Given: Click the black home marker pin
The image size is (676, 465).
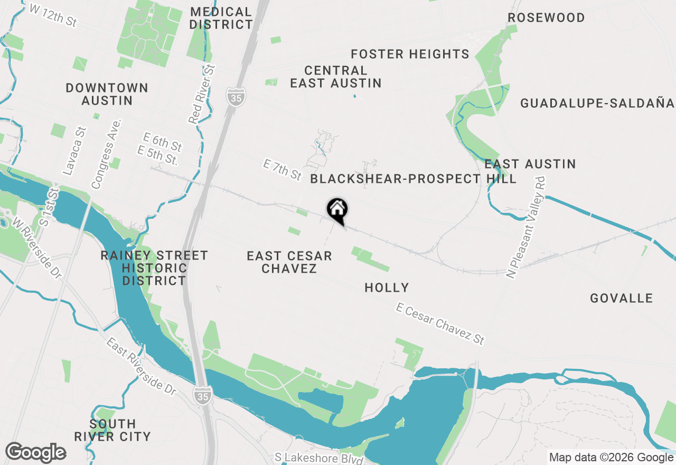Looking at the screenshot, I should tap(337, 210).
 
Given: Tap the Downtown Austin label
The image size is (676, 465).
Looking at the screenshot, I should tap(107, 94).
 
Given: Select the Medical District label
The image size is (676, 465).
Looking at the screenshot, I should tap(221, 18).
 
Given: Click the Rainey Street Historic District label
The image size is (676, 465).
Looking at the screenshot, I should tap(154, 268).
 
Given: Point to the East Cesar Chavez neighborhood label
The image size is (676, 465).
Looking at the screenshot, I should tap(289, 262).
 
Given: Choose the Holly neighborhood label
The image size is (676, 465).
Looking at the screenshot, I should tap(387, 287).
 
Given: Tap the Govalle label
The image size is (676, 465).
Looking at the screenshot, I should tap(622, 298).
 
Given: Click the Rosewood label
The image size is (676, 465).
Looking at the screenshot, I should tap(546, 17).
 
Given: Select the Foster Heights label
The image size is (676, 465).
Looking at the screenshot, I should tap(410, 54).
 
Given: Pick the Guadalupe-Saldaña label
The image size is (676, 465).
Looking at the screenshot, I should tap(597, 103).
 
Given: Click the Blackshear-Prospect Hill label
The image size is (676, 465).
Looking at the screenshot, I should tap(413, 179).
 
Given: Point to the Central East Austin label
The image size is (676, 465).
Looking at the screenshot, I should tap(336, 77).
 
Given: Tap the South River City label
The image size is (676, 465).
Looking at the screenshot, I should tap(112, 430).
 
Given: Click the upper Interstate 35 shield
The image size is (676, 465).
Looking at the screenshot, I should tap(236, 97).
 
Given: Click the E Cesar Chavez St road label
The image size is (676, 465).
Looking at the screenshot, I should tap(440, 324).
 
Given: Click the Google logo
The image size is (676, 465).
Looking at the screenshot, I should tap(35, 452).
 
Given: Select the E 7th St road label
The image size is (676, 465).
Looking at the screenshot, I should tap(282, 170).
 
